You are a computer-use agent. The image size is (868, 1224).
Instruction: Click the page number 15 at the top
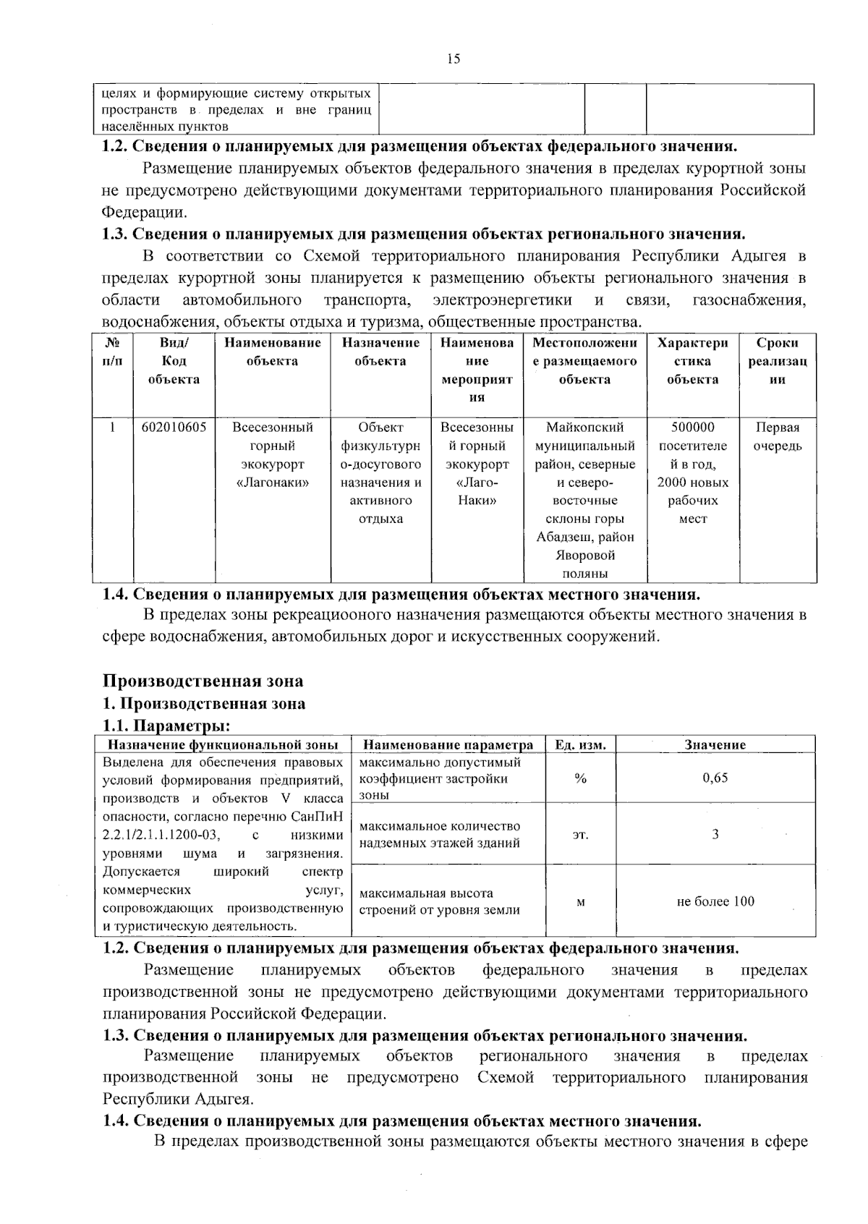pos(454,59)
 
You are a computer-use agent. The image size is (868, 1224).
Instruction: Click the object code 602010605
pos(174,428)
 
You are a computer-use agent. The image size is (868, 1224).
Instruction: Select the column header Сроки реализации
pos(778,361)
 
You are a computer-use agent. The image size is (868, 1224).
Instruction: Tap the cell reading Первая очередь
pos(778,436)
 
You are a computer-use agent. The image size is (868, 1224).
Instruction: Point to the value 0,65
pos(715,778)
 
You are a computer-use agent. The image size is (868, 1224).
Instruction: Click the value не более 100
pos(715,901)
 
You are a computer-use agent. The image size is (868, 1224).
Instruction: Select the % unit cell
pos(579,778)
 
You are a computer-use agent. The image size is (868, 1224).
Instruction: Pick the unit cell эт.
pos(580,834)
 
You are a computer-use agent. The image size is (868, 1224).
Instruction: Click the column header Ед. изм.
pos(579,745)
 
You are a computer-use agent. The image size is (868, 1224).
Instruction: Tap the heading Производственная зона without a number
pos(203,681)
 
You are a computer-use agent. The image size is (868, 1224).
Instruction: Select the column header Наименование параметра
pos(448,745)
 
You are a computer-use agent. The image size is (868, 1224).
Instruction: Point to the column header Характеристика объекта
pos(692,361)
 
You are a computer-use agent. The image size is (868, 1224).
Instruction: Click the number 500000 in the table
pos(692,428)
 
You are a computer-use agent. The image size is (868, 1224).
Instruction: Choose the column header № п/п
pos(112,352)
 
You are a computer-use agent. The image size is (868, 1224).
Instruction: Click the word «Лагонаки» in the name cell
pos(272,483)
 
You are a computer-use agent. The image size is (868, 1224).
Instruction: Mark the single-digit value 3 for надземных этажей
pos(715,834)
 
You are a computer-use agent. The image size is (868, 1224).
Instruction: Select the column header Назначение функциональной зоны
pos(223,745)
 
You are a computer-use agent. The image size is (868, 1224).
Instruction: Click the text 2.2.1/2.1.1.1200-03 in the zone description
pos(161,835)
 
